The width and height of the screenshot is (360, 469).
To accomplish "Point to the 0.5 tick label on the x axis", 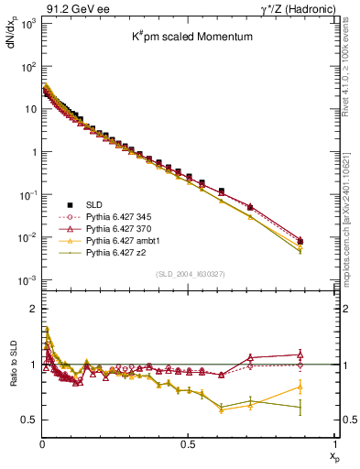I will click(x=187, y=443).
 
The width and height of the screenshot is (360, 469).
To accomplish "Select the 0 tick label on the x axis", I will click(x=42, y=443).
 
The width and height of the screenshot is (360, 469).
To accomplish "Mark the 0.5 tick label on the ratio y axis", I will click(x=27, y=420).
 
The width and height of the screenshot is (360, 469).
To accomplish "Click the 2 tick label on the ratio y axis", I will click(x=32, y=309).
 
